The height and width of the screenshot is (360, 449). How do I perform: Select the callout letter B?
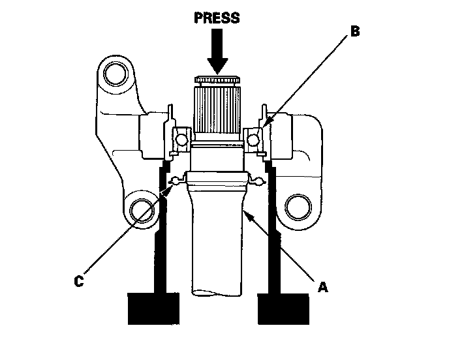(x=355, y=31)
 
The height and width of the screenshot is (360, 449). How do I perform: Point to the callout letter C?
(x=78, y=281)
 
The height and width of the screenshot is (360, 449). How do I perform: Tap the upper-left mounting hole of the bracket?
(x=116, y=72)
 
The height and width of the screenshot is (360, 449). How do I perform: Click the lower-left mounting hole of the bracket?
(x=142, y=210)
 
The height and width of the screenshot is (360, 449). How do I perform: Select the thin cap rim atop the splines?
(x=217, y=80)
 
